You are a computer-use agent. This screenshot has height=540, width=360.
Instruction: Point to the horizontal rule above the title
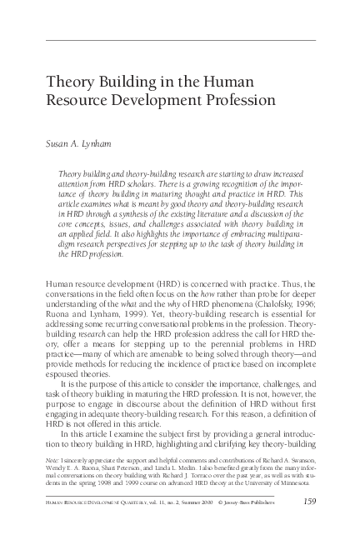[179, 41]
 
